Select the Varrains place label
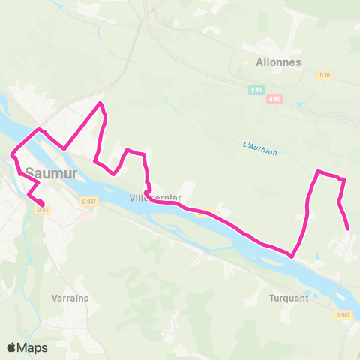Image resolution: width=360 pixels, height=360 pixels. (x=70, y=298)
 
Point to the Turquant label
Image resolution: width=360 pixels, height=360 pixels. (x=288, y=297)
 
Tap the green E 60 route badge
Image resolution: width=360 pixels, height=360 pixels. (x=256, y=90)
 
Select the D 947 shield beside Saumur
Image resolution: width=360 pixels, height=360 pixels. (x=89, y=201)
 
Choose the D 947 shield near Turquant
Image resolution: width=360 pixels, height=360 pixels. (x=343, y=315)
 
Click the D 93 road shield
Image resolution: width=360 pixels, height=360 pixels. (x=42, y=209)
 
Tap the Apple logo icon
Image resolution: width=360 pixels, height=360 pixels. (x=11, y=347)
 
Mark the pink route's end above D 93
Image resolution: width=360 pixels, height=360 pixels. (x=43, y=203)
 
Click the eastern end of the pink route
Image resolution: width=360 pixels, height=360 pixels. (x=348, y=229)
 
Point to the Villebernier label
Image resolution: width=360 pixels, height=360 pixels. (x=155, y=198)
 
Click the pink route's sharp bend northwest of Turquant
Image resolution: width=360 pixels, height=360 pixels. (x=291, y=254)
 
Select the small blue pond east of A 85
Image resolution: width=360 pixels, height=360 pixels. (x=301, y=102)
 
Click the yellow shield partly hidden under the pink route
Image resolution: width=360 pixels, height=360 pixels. (x=202, y=212)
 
